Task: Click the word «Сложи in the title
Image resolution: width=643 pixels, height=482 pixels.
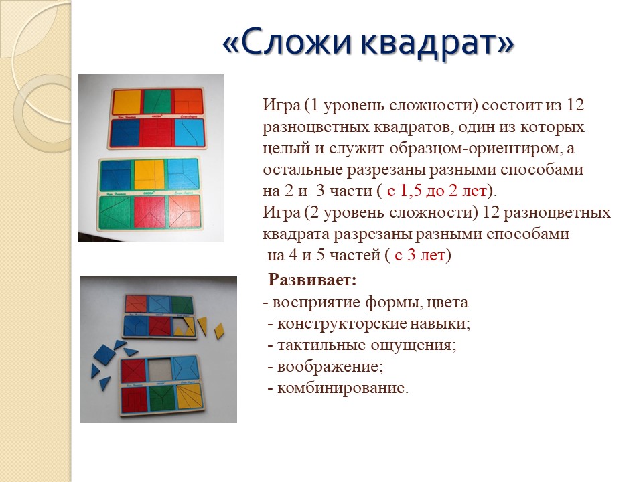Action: point(287,41)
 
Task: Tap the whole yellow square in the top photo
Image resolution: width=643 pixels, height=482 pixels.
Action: point(127,102)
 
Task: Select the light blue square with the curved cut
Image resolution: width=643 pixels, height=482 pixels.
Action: point(190,133)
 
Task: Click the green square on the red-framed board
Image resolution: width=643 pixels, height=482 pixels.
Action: point(157,102)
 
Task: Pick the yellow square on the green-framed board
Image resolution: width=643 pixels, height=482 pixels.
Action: point(149,174)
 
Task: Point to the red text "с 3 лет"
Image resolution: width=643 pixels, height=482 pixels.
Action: point(419,255)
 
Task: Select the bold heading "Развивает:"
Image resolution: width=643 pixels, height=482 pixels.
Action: point(313,280)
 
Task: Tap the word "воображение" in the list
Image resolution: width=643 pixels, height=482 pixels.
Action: point(328,366)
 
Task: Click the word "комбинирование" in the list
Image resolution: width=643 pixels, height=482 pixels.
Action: point(341,388)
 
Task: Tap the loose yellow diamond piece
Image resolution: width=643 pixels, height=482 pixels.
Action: point(220,331)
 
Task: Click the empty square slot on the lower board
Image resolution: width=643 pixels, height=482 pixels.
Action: point(159,370)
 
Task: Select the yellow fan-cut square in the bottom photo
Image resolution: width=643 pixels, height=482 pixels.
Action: point(190,397)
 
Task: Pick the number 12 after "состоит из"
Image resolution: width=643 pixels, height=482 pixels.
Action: point(575,105)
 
